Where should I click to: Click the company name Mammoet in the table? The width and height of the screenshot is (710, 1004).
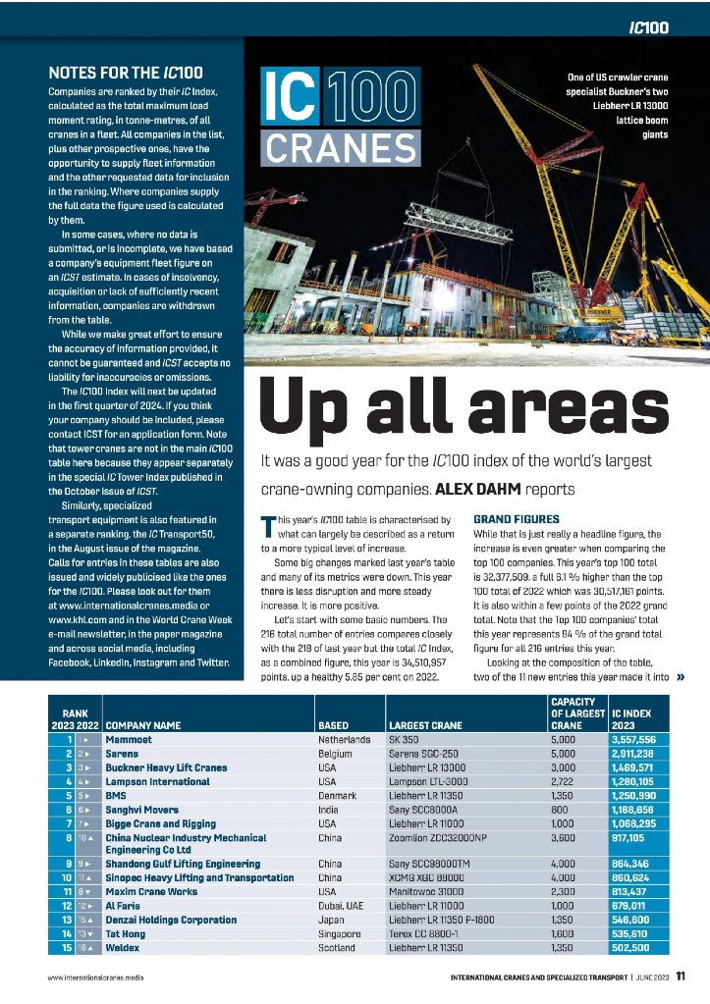(x=132, y=738)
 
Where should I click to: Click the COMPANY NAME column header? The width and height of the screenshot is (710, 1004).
(x=143, y=725)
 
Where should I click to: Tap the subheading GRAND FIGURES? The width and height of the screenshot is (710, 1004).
(x=517, y=518)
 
